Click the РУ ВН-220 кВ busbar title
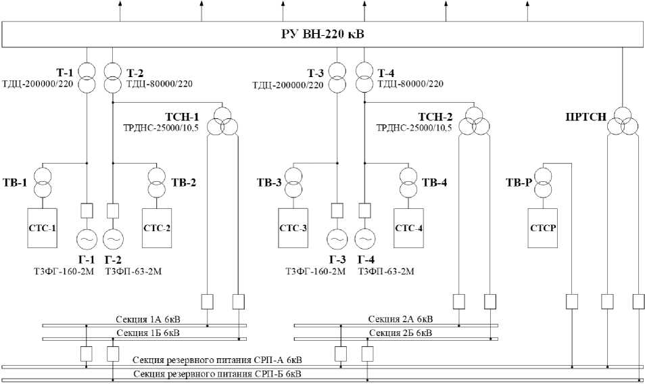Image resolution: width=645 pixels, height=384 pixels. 322,34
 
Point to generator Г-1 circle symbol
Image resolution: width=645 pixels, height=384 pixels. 87,239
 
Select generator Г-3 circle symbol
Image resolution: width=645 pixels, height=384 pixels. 337,239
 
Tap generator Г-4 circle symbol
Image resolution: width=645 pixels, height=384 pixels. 364,239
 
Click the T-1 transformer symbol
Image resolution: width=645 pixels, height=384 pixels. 87,78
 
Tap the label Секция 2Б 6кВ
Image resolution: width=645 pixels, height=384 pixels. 400,333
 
